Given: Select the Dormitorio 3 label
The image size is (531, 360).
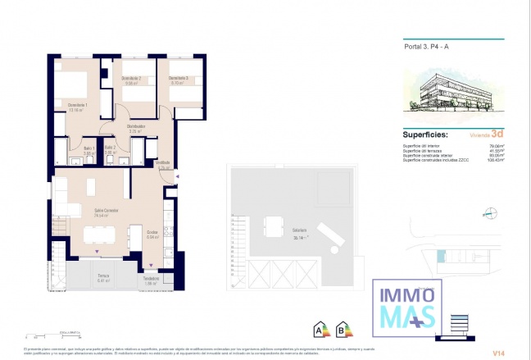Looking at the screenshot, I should pos(179,79).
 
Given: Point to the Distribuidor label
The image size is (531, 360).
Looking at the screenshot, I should pos(136,126).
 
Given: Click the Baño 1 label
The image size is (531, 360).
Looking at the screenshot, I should pos(89,148).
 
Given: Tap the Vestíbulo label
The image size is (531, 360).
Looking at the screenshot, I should pos(163,163).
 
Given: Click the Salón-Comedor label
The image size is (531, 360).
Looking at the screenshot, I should pos(107,211).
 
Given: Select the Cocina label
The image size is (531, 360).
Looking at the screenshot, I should pos(152,232).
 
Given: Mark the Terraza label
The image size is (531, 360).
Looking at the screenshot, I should pos(103,276).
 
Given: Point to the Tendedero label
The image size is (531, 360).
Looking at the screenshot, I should pos(150,279).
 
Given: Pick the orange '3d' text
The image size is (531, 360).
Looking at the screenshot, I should pos(497,135).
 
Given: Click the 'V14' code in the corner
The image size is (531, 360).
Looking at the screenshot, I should pos(497,352).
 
